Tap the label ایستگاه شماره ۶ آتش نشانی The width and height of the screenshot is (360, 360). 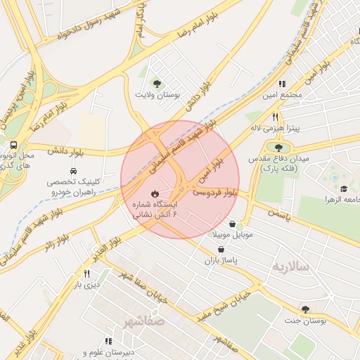pos(156,208)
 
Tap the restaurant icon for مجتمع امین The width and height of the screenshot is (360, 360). pos(282,84)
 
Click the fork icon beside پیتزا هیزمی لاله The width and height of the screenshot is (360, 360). pos(276,117)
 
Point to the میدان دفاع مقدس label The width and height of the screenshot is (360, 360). pos(280,159)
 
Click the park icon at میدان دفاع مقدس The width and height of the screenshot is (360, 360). pos(280,147)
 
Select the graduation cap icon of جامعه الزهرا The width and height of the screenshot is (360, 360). pos(344,189)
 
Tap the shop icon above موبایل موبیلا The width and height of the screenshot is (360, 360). pos(231,224)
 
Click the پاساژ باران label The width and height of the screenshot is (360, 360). pos(222,260)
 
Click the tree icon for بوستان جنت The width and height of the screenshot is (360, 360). pos(304,309)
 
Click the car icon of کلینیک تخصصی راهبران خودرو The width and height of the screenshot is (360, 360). pos(74,171)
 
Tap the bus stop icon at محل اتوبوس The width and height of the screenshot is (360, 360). pos(14,145)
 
